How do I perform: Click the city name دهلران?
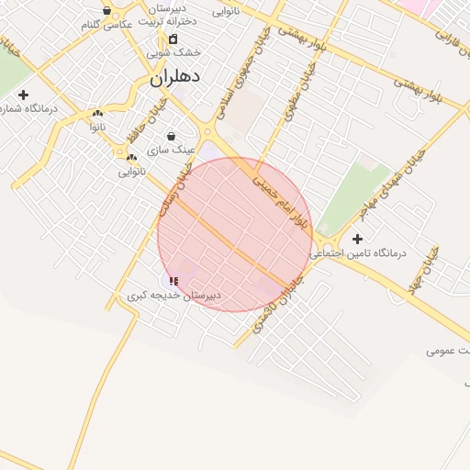[175, 79]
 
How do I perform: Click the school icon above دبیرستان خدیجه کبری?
[173, 280]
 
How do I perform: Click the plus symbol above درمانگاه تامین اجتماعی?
[358, 239]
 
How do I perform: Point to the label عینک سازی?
[171, 149]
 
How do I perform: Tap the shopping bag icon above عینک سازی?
[171, 136]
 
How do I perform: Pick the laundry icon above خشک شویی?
[173, 39]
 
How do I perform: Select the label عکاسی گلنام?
[107, 25]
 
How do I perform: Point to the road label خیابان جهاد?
[428, 267]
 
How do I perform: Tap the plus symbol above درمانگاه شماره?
[23, 95]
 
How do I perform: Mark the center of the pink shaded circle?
[235, 235]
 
